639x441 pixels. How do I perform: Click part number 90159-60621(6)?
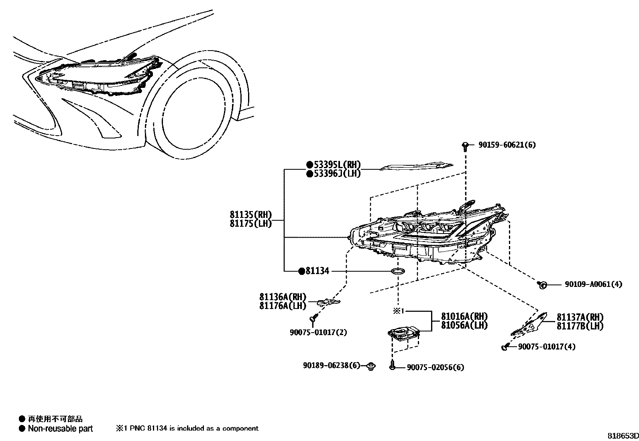tap(507, 145)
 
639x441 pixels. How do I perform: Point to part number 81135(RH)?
tap(250, 215)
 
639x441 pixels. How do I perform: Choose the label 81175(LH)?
tap(250, 224)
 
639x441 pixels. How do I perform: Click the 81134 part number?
tap(317, 271)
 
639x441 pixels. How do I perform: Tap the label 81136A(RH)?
tap(283, 297)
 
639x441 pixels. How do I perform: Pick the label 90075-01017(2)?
tap(318, 332)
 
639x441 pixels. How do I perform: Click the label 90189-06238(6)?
tap(332, 366)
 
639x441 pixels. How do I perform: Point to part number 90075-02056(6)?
tap(435, 368)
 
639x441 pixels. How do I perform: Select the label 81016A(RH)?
tap(464, 316)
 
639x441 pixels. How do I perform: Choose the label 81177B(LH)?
tap(580, 326)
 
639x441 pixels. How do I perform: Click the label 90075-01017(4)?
tap(546, 347)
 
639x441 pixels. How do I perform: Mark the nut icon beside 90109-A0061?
tap(542, 285)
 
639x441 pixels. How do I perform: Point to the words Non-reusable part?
tap(60, 429)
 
